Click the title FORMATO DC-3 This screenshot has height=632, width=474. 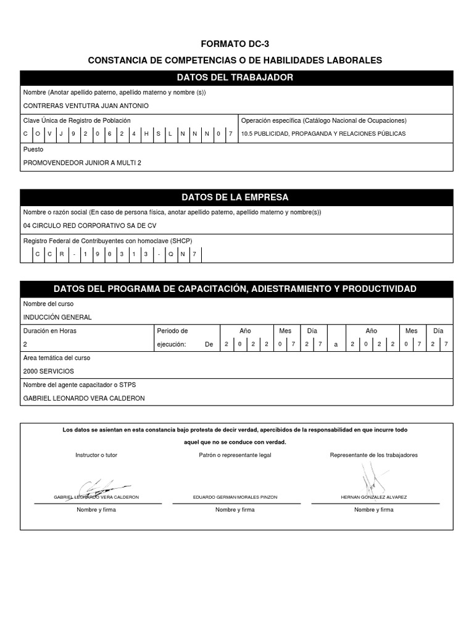click(235, 44)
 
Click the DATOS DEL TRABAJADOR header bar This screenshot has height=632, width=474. click(235, 78)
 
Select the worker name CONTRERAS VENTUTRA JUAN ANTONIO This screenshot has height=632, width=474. click(86, 106)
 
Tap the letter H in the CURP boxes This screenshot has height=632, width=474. click(146, 133)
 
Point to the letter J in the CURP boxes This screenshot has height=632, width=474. click(60, 133)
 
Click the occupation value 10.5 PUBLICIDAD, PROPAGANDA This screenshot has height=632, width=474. click(323, 133)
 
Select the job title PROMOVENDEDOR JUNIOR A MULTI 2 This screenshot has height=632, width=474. click(86, 163)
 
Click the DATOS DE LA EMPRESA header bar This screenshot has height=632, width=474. click(235, 197)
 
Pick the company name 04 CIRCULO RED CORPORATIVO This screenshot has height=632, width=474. click(89, 225)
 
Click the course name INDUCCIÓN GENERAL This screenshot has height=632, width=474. click(57, 317)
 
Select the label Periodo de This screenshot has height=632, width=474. click(172, 331)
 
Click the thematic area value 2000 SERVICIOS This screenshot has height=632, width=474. click(48, 372)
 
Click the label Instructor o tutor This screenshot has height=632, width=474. click(96, 455)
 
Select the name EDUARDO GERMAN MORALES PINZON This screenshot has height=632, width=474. click(235, 497)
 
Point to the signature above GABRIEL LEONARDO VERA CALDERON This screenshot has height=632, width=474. click(102, 486)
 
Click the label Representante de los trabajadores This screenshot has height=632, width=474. click(374, 455)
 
